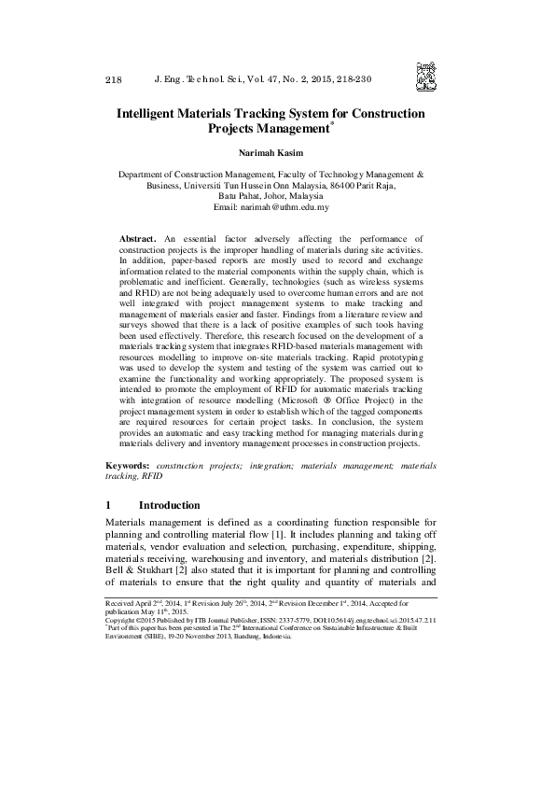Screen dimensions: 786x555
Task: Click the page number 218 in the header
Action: [114, 80]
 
